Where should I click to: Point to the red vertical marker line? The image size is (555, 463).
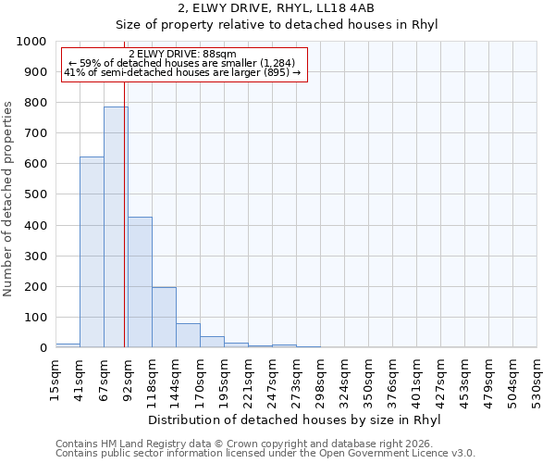(124, 231)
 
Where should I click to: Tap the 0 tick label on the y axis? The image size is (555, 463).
(43, 348)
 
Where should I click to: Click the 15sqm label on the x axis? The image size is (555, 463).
(56, 377)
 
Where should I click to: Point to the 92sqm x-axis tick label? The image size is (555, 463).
(129, 377)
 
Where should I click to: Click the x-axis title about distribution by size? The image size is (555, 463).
(294, 419)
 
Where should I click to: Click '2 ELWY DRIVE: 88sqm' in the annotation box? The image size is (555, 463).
(182, 54)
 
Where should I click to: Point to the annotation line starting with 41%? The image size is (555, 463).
(182, 73)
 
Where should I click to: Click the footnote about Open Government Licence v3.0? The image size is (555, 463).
(265, 454)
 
